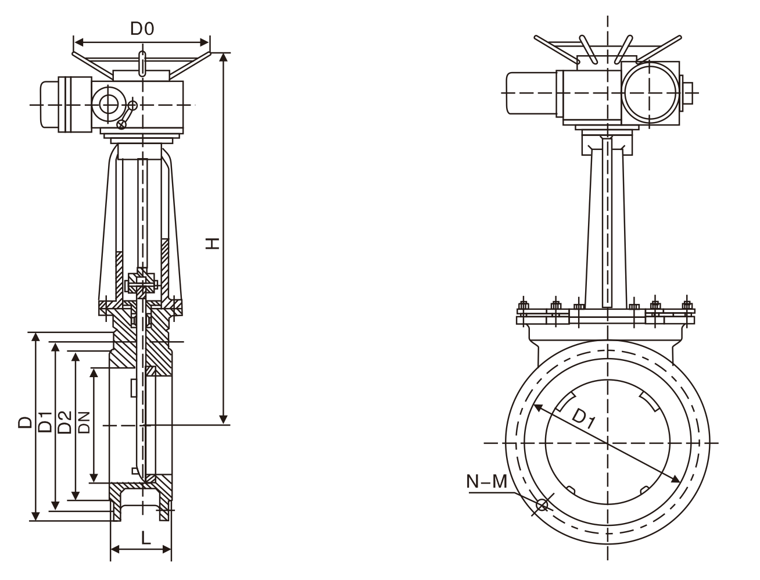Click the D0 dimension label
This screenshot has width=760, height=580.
tap(141, 28)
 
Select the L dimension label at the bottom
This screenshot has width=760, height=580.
tap(146, 537)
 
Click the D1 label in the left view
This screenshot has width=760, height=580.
tap(45, 422)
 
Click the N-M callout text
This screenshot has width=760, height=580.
tap(487, 481)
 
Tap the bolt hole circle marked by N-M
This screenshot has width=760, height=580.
tap(542, 504)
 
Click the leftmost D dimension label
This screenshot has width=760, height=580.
tap(24, 422)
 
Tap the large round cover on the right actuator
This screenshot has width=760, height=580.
tap(650, 91)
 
